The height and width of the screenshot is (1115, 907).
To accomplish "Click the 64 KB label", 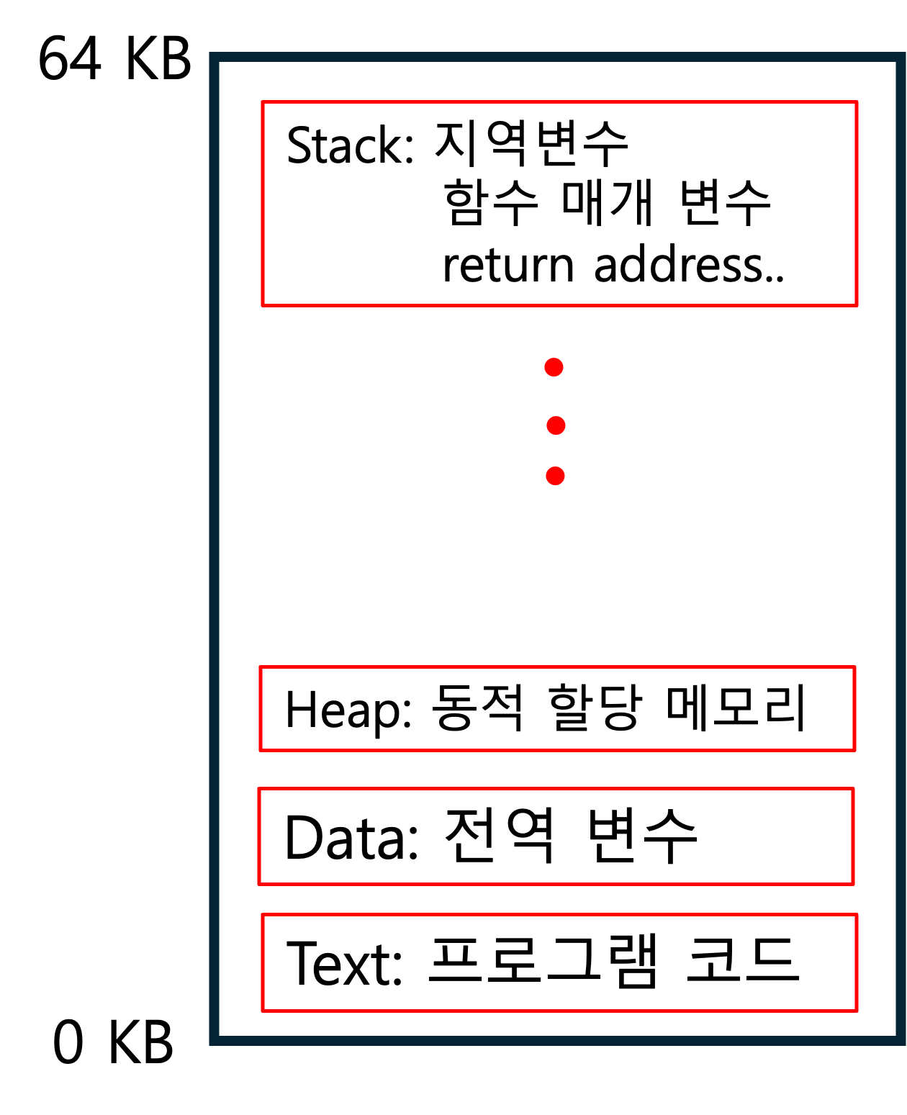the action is [x=114, y=58].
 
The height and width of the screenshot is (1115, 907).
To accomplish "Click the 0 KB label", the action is [x=113, y=1042].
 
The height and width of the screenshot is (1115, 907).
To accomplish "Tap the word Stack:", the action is [x=350, y=145].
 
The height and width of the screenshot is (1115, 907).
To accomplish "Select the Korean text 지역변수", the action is [x=531, y=143].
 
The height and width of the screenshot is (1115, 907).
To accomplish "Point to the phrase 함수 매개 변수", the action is [x=607, y=202].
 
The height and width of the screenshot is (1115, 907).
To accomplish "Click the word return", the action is [x=508, y=265].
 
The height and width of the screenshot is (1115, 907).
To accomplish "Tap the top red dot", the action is [x=554, y=368].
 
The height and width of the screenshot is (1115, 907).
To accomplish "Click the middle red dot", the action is [x=556, y=425].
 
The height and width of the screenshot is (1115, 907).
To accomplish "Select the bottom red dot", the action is [x=555, y=476].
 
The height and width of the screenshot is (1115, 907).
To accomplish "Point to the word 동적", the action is [x=477, y=707].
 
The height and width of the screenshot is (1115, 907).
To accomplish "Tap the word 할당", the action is [x=595, y=707].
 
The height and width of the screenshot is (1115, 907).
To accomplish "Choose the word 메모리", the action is [x=736, y=707].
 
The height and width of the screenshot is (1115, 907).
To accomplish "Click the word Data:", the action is [x=351, y=838].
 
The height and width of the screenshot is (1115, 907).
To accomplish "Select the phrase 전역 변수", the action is [x=571, y=836].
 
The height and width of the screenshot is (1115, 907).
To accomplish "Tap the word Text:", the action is [x=344, y=963].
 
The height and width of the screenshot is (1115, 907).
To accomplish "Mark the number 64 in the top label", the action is [x=70, y=58].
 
